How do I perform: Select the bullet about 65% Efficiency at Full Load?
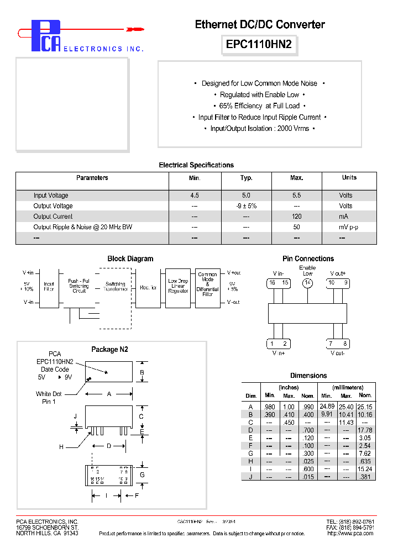pos(260,106)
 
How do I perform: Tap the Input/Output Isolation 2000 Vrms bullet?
pos(260,128)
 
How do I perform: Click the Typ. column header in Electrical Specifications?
pos(247,178)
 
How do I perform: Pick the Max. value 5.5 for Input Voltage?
pos(297,196)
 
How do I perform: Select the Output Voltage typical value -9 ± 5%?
pos(247,206)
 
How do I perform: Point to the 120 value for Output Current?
pos(297,217)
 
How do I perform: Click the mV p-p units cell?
pos(349,227)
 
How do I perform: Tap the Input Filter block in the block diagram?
pos(49,286)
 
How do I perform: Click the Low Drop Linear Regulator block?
pos(177,286)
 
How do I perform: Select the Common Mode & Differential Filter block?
pos(207,285)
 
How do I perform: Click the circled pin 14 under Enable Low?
pos(307,283)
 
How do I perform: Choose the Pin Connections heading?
pos(308,259)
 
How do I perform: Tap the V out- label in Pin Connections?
pos(337,353)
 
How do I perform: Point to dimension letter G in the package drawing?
pos(142,474)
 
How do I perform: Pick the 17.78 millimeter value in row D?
pos(365,430)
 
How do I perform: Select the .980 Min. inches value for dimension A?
pos(270,407)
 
